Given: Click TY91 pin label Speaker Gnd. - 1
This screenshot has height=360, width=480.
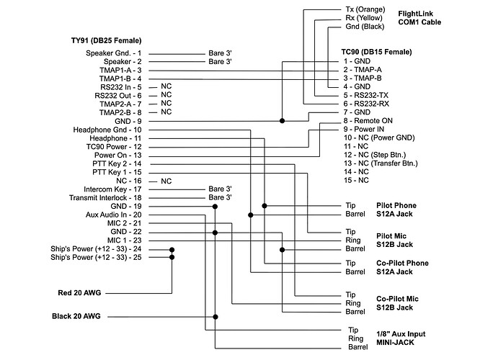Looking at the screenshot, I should pyautogui.click(x=114, y=53).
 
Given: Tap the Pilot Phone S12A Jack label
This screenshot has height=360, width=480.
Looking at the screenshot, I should pyautogui.click(x=397, y=210).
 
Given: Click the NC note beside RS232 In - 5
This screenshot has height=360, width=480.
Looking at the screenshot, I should pyautogui.click(x=166, y=86).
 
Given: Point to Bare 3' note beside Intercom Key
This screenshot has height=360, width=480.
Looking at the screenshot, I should pyautogui.click(x=220, y=189).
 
